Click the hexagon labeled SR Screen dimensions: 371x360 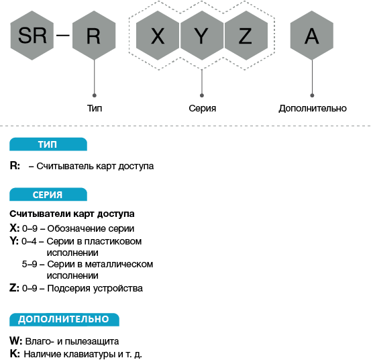tap(32, 36)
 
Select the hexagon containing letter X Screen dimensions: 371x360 tap(158, 36)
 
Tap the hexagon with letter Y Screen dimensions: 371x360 tap(202, 36)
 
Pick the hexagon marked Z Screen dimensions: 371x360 tap(246, 36)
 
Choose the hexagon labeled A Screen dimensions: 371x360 tap(312, 36)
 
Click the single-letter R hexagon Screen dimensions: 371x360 tap(94, 36)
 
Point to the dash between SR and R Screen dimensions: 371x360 tap(63, 36)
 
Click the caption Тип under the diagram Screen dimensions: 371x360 tap(95, 108)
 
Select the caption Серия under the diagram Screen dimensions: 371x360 tap(203, 108)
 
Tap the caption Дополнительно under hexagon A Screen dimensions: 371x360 tap(313, 108)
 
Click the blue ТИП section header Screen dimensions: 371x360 tap(48, 144)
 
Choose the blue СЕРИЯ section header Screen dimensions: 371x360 tap(48, 195)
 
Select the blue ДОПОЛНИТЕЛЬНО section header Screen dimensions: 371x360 tap(64, 320)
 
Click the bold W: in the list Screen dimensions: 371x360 tap(16, 341)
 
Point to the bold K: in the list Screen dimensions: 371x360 tap(15, 354)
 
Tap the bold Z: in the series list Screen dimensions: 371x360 tap(14, 288)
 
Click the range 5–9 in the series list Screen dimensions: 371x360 tap(30, 264)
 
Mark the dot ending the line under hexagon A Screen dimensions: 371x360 tap(312, 95)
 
